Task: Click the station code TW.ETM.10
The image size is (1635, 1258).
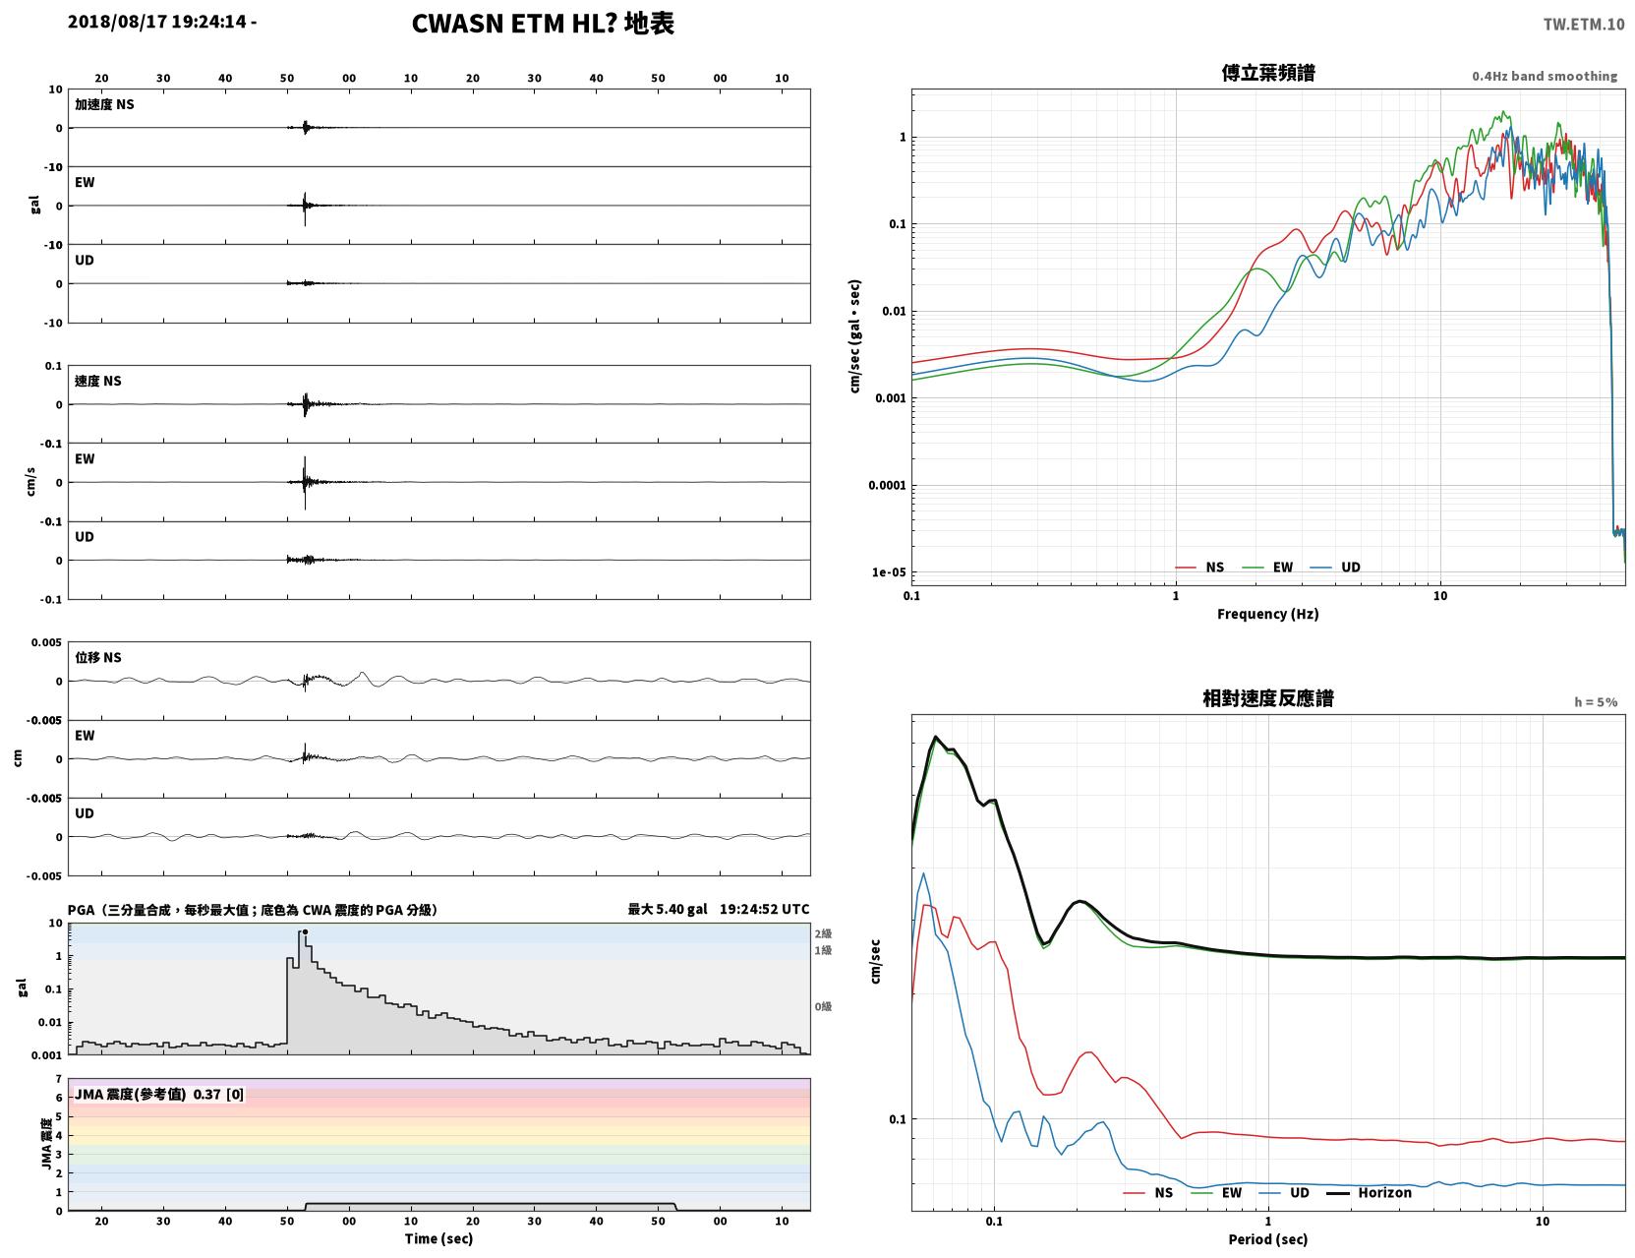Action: click(1583, 24)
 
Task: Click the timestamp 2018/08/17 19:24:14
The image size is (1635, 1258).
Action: click(156, 21)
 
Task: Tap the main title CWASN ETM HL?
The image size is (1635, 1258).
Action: click(514, 24)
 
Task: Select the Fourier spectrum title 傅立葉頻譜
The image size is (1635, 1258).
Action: click(1268, 73)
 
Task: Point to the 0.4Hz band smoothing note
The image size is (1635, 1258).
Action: click(1544, 76)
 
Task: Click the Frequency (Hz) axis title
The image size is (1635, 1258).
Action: click(1268, 614)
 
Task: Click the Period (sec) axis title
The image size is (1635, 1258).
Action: click(1268, 1239)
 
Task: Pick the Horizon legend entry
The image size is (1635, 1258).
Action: click(1369, 1192)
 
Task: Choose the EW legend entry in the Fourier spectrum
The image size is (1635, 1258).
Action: click(1268, 568)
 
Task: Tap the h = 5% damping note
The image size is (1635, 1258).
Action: click(1595, 702)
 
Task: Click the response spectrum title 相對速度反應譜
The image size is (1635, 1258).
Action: click(1268, 698)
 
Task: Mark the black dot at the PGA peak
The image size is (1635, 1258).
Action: click(305, 932)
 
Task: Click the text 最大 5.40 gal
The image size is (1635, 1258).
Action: click(668, 909)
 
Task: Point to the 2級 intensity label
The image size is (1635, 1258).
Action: click(823, 933)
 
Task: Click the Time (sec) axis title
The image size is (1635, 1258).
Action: click(438, 1238)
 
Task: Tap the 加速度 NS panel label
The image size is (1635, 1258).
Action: click(104, 104)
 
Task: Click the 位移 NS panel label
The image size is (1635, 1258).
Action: click(97, 658)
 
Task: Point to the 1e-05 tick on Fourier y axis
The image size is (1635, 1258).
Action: click(889, 572)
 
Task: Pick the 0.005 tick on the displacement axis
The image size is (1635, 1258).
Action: click(46, 642)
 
